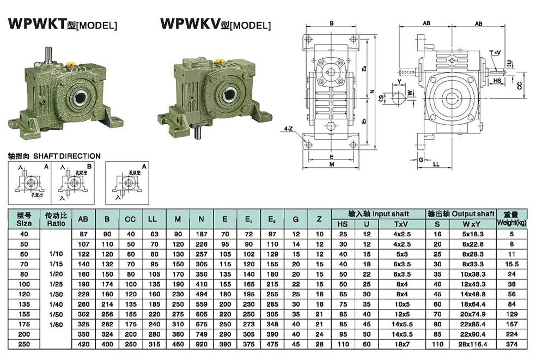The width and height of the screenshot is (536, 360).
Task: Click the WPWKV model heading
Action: tap(215, 24)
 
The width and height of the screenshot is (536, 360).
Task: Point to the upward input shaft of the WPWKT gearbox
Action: tap(48, 55)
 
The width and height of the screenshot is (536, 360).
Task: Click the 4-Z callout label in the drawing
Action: tap(288, 130)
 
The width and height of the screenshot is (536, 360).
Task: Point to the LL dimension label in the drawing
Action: tap(436, 164)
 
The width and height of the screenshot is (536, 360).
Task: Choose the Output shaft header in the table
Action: tap(460, 214)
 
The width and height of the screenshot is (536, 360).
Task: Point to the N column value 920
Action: tap(202, 344)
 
